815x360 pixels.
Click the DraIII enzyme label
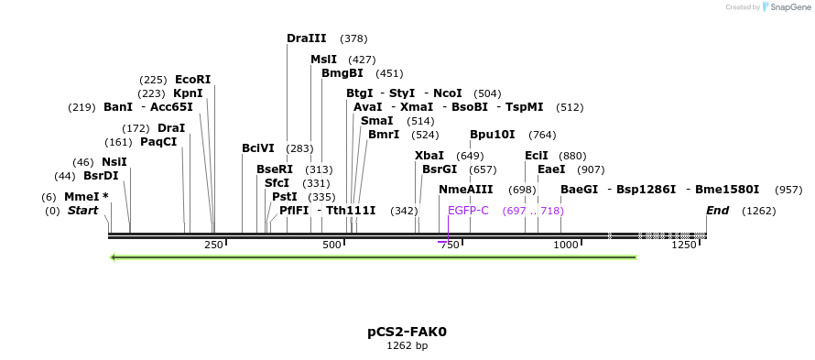click(306, 38)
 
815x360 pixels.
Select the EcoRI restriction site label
click(192, 80)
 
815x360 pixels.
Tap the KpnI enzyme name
click(188, 93)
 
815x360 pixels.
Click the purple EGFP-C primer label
click(468, 211)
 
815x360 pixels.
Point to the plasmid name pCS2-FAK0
click(407, 332)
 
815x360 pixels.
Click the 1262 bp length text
click(407, 346)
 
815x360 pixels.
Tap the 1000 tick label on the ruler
click(566, 245)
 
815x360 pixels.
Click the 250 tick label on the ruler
click(214, 245)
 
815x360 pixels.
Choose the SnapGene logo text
click(788, 7)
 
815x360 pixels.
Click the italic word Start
click(82, 211)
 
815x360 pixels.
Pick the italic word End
click(718, 211)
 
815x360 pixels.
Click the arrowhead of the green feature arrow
click(113, 257)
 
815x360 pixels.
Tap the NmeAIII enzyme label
click(465, 190)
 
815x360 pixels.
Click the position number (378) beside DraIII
click(353, 38)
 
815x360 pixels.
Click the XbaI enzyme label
click(429, 156)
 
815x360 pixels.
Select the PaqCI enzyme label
click(158, 142)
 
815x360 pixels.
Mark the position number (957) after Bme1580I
click(788, 190)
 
